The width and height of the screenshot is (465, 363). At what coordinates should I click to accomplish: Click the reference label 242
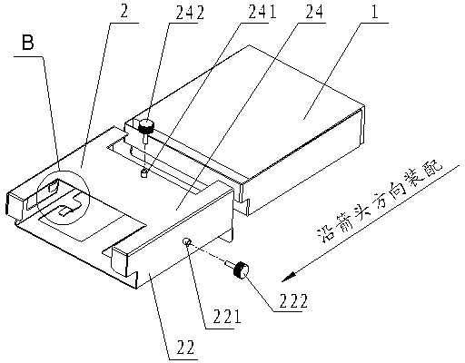pyautogui.click(x=190, y=12)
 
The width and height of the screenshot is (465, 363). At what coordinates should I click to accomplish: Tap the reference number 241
pyautogui.click(x=262, y=12)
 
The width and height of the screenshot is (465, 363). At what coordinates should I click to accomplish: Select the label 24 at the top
pyautogui.click(x=314, y=12)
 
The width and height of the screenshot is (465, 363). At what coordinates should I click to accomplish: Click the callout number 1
pyautogui.click(x=375, y=12)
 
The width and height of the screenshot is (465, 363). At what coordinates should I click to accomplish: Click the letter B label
pyautogui.click(x=28, y=43)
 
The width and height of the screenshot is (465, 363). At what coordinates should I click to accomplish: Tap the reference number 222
pyautogui.click(x=293, y=300)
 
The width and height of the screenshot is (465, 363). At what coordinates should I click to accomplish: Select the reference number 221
pyautogui.click(x=227, y=317)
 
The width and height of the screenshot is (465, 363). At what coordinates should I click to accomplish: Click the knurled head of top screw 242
pyautogui.click(x=146, y=126)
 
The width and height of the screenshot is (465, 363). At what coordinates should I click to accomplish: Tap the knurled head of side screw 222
pyautogui.click(x=241, y=270)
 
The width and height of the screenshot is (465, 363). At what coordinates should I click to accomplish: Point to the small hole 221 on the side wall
pyautogui.click(x=186, y=241)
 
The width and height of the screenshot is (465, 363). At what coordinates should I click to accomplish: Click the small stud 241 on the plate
pyautogui.click(x=144, y=173)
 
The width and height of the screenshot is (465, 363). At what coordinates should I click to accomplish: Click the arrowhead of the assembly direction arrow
pyautogui.click(x=288, y=277)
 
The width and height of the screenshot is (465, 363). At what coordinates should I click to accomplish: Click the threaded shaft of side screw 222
pyautogui.click(x=229, y=264)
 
